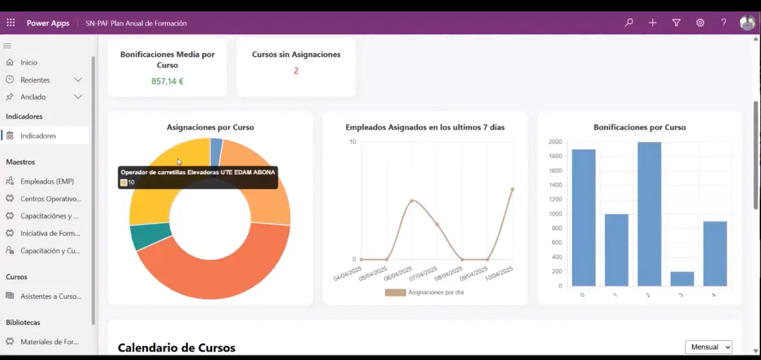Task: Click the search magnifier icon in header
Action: tap(629, 23)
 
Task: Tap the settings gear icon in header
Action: tap(700, 23)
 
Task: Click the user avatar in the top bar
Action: tap(747, 23)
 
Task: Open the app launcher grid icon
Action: tap(11, 23)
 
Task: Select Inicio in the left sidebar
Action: tap(29, 63)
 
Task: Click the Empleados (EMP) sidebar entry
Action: tap(47, 182)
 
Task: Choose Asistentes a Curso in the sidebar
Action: tap(51, 296)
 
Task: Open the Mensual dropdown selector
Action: tap(708, 347)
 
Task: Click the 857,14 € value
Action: tap(167, 81)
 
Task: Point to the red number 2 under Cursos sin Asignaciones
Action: tap(296, 70)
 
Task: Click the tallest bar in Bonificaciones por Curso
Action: tap(649, 213)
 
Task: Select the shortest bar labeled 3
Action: tap(682, 279)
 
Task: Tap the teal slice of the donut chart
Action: tap(142, 236)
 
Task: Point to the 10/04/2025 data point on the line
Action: tap(512, 189)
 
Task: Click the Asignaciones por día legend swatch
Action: tap(395, 293)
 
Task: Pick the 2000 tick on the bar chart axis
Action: tap(555, 142)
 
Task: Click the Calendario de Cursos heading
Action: tap(177, 348)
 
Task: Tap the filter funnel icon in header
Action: tap(677, 23)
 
